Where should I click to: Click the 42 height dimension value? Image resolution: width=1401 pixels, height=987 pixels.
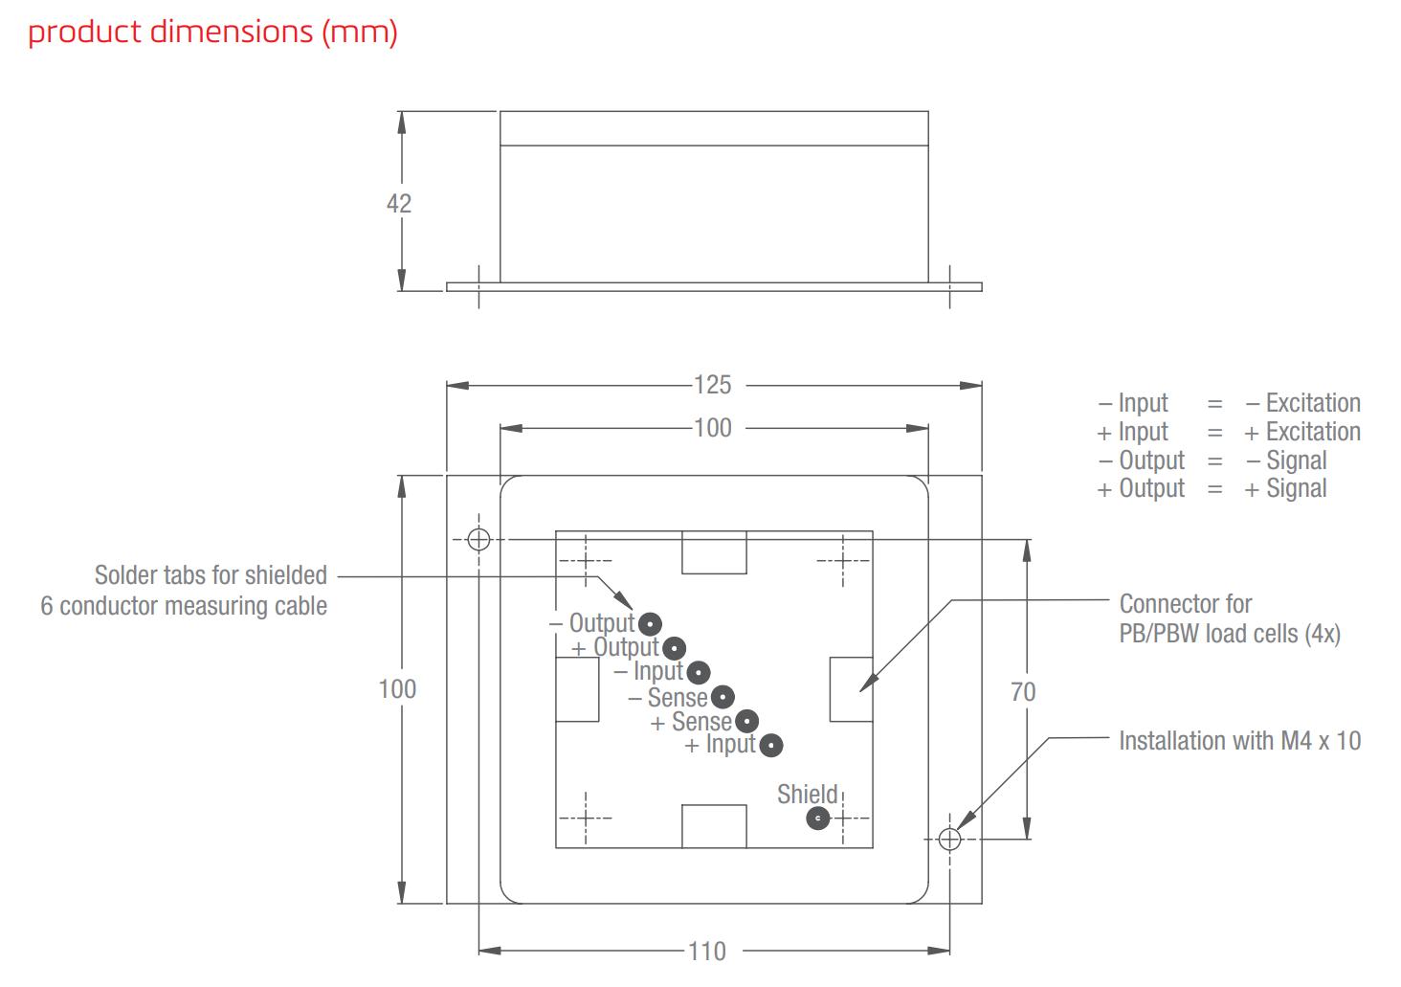[x=398, y=203]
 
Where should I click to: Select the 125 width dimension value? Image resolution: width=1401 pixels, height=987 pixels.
[x=712, y=385]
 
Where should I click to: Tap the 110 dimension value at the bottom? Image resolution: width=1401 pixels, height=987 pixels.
[x=706, y=951]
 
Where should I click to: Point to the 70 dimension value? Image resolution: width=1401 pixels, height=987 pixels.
[x=1023, y=691]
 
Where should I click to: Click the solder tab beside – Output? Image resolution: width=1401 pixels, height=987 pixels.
[x=650, y=624]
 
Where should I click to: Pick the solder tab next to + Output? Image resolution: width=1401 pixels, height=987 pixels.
[x=675, y=648]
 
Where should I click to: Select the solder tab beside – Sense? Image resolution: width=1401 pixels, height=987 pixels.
[x=723, y=697]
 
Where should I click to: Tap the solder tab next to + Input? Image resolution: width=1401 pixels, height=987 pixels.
[x=771, y=745]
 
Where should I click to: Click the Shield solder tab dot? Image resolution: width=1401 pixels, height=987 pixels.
[x=817, y=819]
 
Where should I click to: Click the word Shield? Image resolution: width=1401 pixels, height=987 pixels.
[x=807, y=794]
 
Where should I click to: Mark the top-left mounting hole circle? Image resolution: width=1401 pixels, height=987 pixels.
[x=478, y=539]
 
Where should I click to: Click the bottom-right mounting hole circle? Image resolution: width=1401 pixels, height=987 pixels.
[x=949, y=840]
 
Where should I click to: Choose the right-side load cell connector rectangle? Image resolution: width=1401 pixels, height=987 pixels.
[x=851, y=689]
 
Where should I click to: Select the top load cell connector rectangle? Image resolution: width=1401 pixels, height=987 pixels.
[x=714, y=552]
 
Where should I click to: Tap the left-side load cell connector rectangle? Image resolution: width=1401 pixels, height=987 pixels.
[x=577, y=689]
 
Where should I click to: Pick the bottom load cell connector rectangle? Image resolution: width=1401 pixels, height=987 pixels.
[x=714, y=826]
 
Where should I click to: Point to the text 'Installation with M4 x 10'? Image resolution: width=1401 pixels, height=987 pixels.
[x=1239, y=741]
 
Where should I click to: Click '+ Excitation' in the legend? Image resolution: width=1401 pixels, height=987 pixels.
[x=1301, y=432]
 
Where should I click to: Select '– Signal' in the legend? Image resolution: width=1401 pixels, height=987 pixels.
[x=1286, y=460]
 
